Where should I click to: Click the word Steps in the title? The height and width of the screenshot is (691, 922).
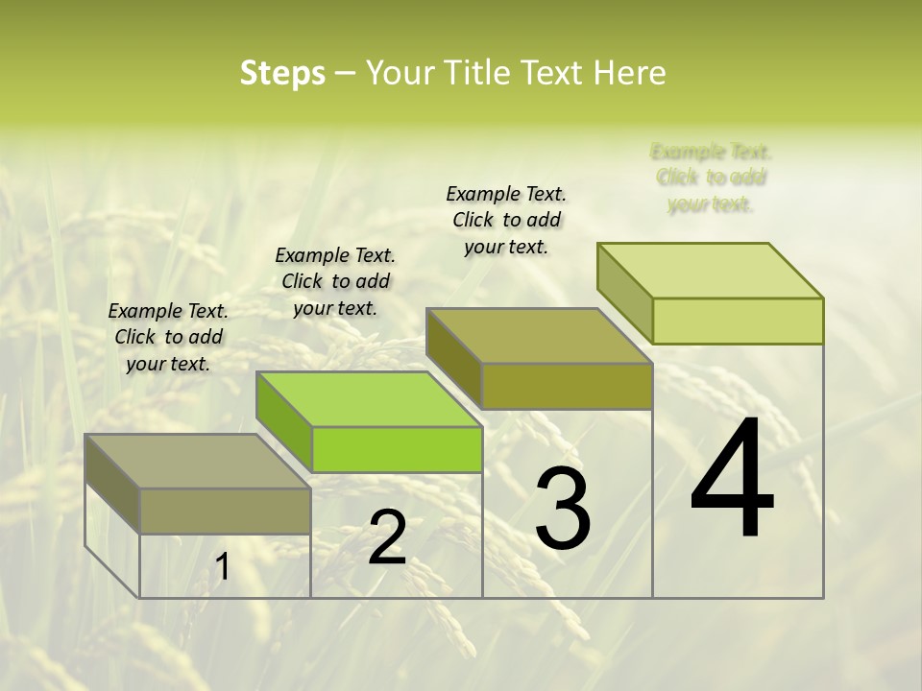(x=282, y=73)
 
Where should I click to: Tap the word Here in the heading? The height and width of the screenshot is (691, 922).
(x=629, y=73)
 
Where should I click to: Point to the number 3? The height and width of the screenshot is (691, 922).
(x=563, y=509)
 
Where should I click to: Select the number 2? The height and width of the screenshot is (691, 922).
(x=387, y=537)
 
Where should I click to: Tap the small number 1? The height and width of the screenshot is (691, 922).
(x=222, y=567)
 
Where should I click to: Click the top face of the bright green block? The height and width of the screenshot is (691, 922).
(x=369, y=399)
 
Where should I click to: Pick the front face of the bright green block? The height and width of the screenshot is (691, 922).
(x=397, y=449)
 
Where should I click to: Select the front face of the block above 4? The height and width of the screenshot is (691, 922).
(x=738, y=321)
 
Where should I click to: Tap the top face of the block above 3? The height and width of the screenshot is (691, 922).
(x=539, y=336)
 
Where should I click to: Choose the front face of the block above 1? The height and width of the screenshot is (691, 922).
(x=225, y=511)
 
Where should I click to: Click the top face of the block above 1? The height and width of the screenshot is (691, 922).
(x=198, y=461)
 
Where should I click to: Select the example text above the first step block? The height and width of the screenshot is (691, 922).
(x=168, y=337)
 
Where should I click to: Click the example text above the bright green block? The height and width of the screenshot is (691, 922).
(x=335, y=281)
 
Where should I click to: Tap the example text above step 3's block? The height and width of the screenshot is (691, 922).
(x=506, y=220)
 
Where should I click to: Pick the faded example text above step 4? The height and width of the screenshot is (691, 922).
(x=711, y=178)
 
